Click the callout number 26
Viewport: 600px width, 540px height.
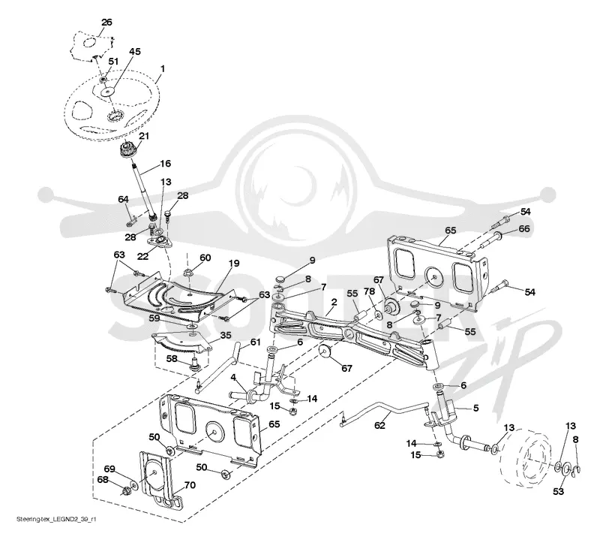[106, 23]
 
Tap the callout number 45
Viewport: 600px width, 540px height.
[135, 51]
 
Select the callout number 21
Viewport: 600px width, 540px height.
[144, 136]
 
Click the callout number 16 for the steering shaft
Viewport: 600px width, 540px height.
[165, 164]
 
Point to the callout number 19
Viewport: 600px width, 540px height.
[234, 264]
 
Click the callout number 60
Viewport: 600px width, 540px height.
[205, 258]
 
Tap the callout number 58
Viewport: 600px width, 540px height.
[172, 358]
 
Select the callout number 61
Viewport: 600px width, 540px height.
[255, 342]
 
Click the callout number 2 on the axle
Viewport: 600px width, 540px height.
[334, 302]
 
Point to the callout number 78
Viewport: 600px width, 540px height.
[369, 292]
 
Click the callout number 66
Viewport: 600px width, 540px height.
[523, 229]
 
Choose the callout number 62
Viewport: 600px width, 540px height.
[380, 425]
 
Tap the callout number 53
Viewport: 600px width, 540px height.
[558, 491]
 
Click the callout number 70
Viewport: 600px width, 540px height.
[190, 485]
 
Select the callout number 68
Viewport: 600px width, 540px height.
[103, 480]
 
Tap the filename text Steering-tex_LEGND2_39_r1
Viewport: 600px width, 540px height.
[56, 520]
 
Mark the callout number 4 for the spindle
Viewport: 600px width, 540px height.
[233, 377]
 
